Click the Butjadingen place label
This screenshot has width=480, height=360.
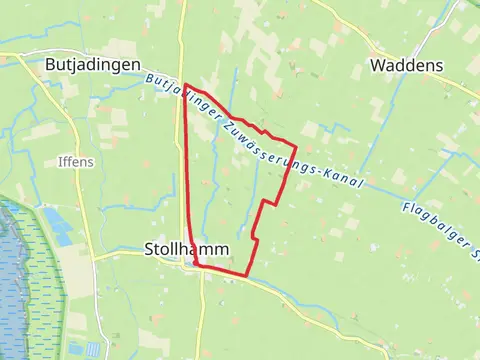tap(91, 63)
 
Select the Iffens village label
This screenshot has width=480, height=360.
tap(76, 161)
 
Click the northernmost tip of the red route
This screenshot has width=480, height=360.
tap(186, 84)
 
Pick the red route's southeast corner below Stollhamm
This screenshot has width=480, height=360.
tap(246, 275)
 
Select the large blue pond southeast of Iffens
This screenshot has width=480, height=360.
tap(57, 226)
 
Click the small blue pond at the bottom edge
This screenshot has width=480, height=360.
tap(93, 349)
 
